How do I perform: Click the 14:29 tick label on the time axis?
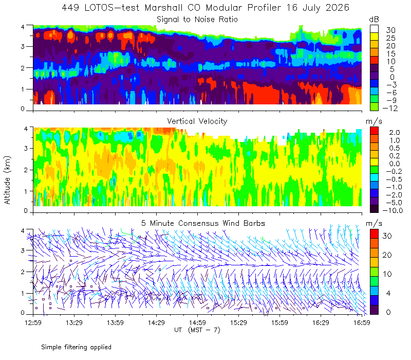[156, 322]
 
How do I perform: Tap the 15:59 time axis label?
[279, 322]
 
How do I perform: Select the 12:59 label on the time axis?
[33, 322]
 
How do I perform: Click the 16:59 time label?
[362, 322]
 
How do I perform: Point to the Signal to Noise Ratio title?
[197, 20]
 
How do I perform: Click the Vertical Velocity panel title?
[197, 121]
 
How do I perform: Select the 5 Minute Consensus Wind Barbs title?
[203, 223]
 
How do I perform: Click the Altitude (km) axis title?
[7, 180]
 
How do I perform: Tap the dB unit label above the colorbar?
[374, 20]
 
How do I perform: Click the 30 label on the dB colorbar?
[390, 30]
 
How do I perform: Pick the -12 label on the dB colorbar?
[390, 108]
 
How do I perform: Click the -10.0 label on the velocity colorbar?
[393, 210]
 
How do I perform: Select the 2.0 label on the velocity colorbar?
[395, 133]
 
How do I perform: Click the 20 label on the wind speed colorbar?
[387, 255]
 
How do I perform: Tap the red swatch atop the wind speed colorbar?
[374, 234]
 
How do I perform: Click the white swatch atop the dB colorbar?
[374, 29]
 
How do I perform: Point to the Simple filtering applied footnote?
[76, 347]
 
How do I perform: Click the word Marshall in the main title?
[163, 8]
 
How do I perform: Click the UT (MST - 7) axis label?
[197, 330]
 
